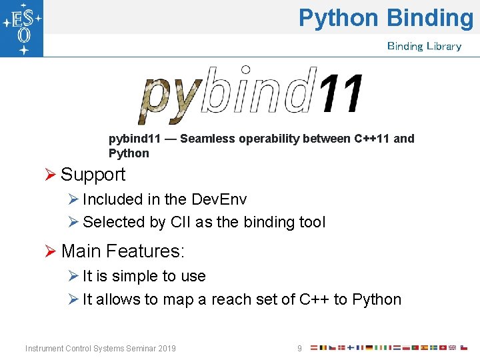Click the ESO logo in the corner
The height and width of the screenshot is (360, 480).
tap(21, 28)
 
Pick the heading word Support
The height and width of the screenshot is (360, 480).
tap(93, 175)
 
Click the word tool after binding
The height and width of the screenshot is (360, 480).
tap(310, 222)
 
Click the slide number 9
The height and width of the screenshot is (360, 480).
tap(299, 349)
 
